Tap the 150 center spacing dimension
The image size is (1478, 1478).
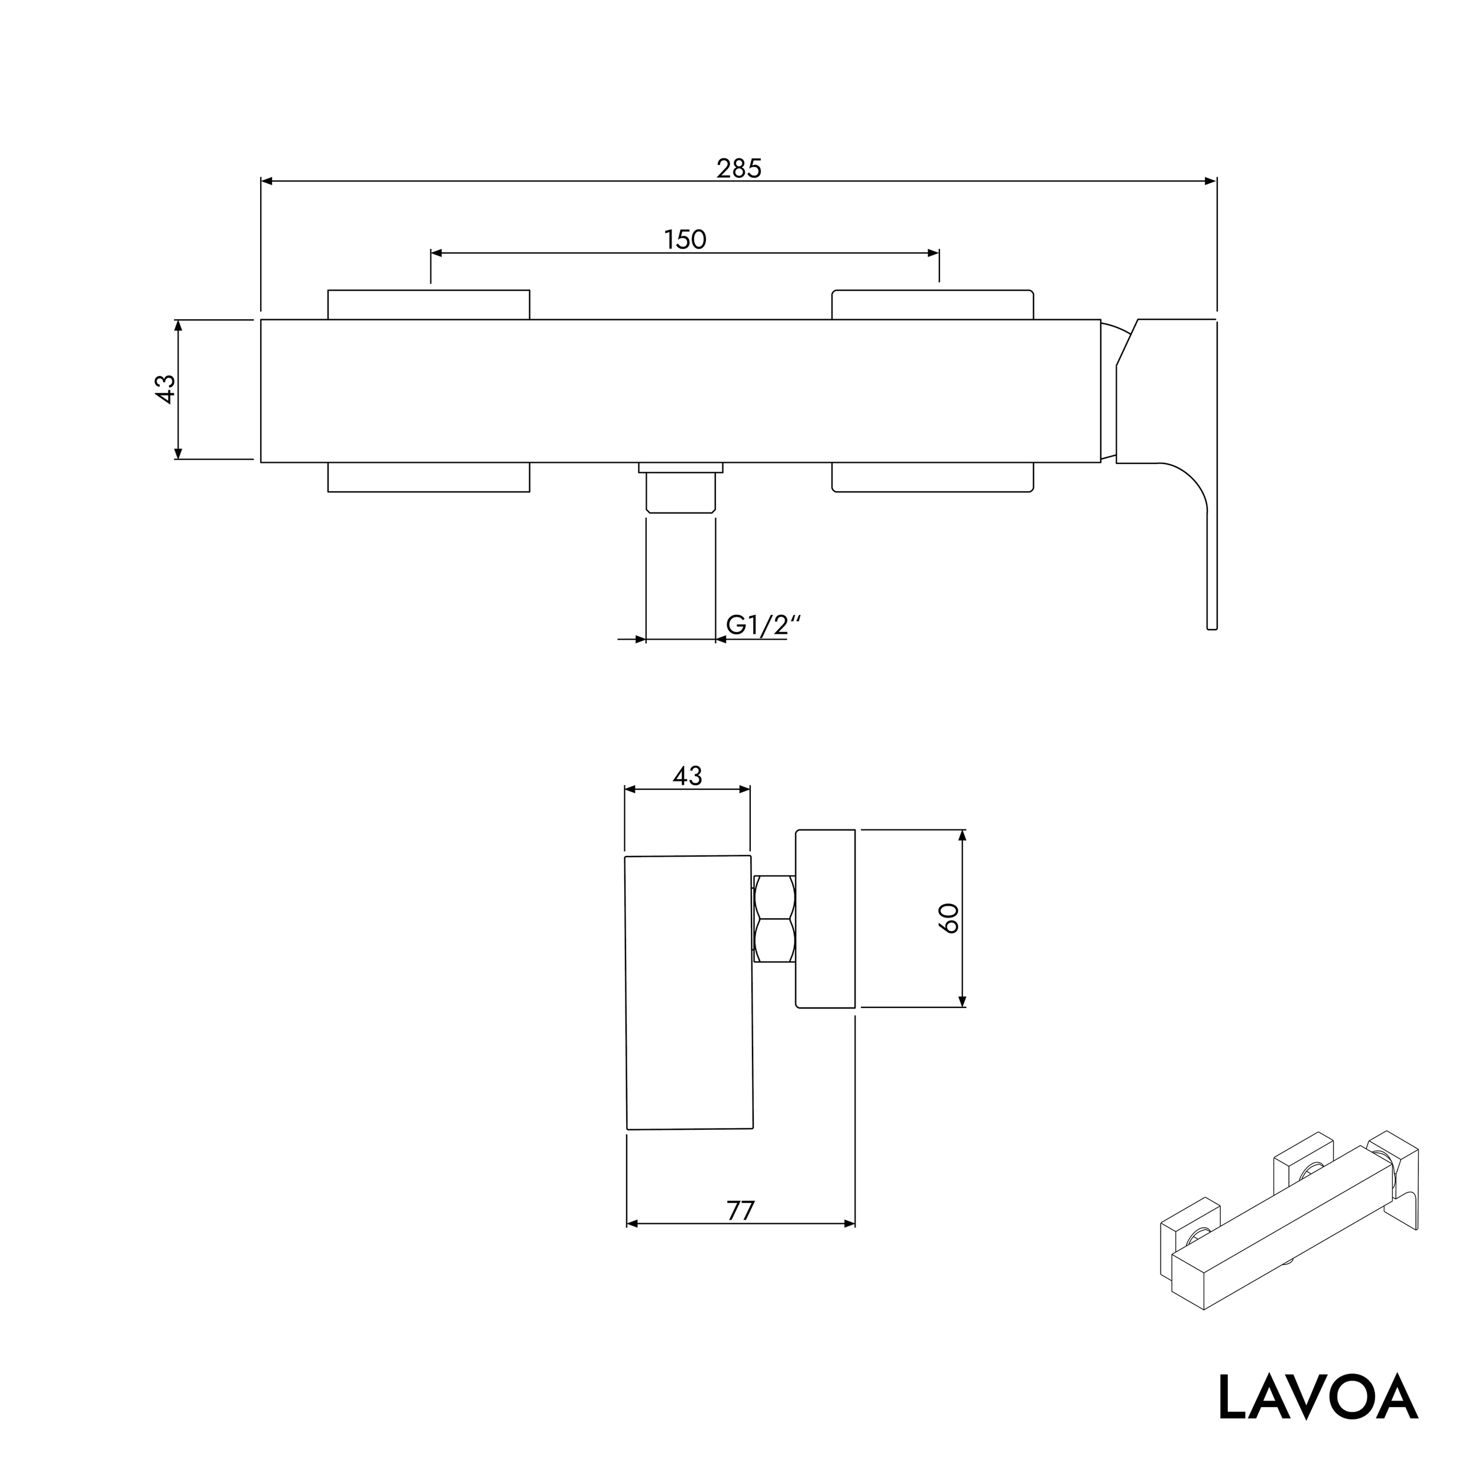[x=685, y=239]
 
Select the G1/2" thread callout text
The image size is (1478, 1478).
[x=762, y=625]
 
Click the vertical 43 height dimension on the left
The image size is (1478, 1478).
[x=166, y=388]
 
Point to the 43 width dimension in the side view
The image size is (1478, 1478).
[x=687, y=776]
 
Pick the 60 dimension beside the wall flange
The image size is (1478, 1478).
[x=949, y=918]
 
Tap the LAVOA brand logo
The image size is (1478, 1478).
[x=1317, y=1398]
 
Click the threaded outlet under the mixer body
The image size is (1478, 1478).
[x=681, y=492]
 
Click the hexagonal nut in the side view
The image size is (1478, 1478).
[x=774, y=919]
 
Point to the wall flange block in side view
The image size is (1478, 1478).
[x=825, y=918]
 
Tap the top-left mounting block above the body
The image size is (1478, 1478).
[x=429, y=304]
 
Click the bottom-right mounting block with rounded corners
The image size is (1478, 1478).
[x=932, y=477]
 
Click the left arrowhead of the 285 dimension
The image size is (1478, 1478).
[x=266, y=181]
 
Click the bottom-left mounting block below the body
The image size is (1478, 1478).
[x=429, y=477]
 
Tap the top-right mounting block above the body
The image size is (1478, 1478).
[x=932, y=304]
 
